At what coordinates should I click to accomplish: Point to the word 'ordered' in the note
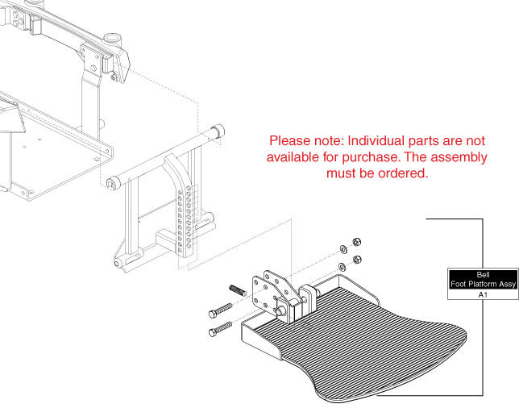401,173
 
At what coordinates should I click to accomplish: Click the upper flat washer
342,247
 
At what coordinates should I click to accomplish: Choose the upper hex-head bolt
222,310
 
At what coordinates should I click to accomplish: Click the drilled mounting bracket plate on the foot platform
268,294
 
